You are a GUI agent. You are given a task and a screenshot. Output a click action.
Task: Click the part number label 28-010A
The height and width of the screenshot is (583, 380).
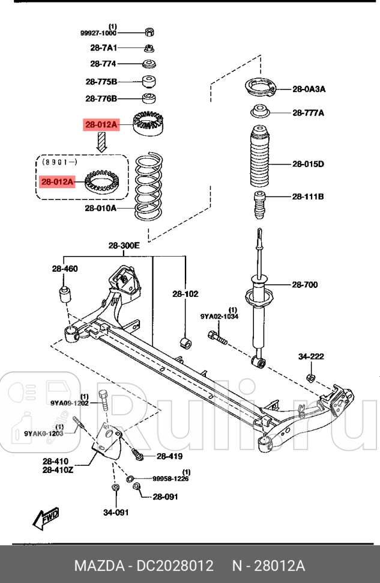(x=100, y=209)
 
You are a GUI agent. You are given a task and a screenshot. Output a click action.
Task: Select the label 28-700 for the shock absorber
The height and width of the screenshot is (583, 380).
(x=305, y=285)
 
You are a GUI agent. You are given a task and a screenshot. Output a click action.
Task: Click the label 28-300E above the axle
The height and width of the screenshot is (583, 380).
(x=124, y=246)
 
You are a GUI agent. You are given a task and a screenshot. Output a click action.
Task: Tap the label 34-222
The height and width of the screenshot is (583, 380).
(x=311, y=356)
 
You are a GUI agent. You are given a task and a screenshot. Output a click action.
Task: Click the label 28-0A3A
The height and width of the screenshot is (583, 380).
(x=309, y=89)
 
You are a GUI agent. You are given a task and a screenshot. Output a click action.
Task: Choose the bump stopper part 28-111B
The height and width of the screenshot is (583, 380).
(x=260, y=206)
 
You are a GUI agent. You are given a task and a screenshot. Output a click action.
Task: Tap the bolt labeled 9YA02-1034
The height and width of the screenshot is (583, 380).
(x=219, y=341)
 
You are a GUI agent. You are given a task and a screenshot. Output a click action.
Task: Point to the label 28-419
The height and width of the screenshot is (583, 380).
(x=169, y=456)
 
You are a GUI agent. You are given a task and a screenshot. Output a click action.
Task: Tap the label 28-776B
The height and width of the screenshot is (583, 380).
(x=101, y=99)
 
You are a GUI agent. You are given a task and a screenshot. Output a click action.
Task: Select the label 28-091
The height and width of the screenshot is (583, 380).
(x=165, y=496)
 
